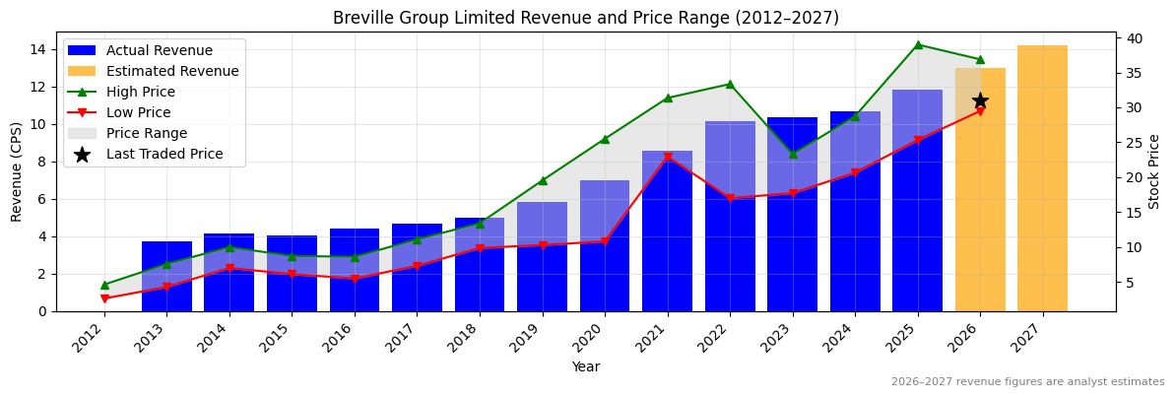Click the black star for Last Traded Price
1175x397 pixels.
[980, 100]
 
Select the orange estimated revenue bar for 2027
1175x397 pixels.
[1042, 178]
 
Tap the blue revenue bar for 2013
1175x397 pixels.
[166, 276]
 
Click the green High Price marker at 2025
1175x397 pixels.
[918, 44]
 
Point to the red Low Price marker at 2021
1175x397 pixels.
[668, 158]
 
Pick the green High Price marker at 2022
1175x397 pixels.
[730, 84]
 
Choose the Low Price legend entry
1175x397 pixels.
[139, 112]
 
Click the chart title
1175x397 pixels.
[586, 18]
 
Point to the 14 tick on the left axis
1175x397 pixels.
[38, 49]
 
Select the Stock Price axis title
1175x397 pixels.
[1154, 171]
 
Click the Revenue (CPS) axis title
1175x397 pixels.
[17, 171]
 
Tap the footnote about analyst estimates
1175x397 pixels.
[1027, 382]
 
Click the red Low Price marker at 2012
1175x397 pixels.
[104, 298]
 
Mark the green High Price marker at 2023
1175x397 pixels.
[793, 154]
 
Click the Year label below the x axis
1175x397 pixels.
[586, 367]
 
